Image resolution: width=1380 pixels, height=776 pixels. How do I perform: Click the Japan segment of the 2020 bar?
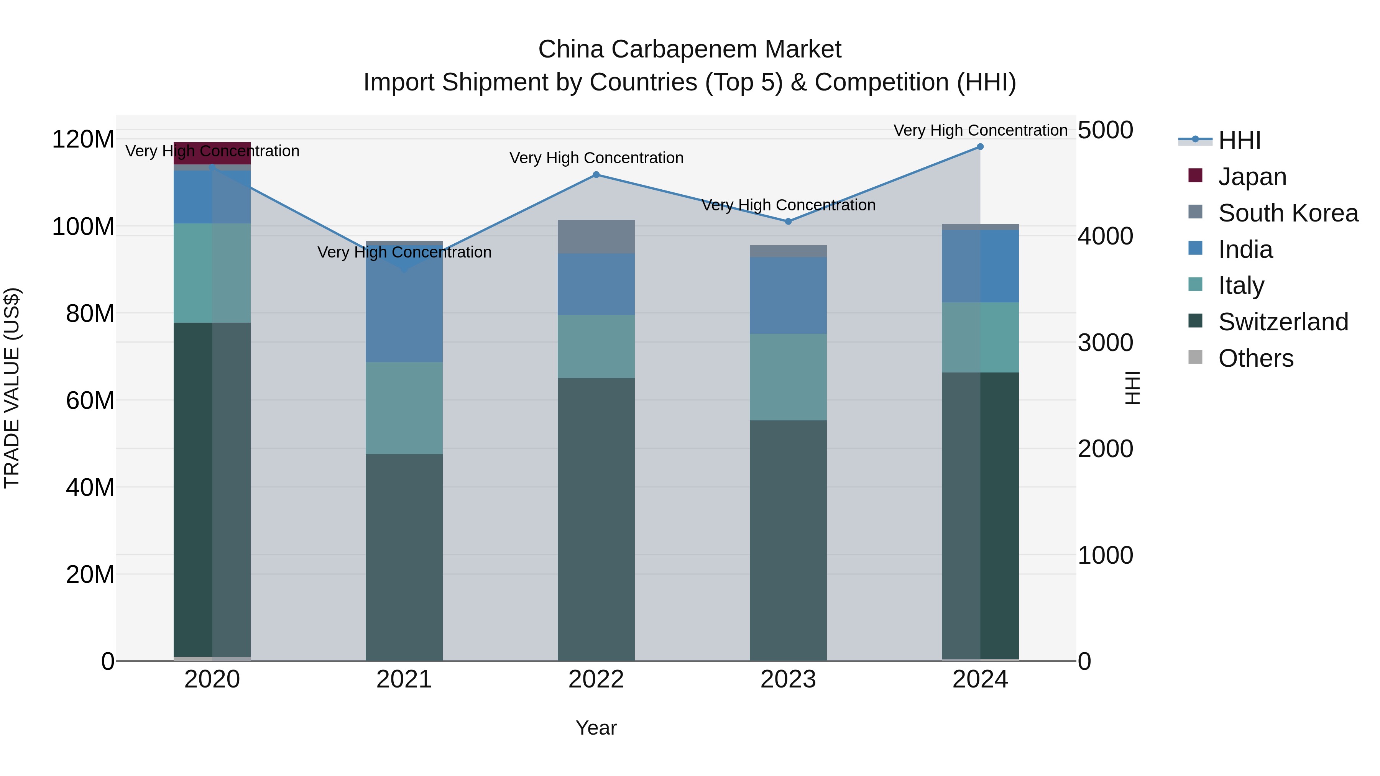[212, 153]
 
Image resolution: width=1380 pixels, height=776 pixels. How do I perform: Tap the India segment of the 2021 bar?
[404, 311]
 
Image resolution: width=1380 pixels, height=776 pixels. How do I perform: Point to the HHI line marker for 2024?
[980, 146]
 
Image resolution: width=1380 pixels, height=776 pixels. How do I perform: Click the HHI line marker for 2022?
[596, 175]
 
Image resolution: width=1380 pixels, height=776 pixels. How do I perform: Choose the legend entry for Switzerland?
[1283, 322]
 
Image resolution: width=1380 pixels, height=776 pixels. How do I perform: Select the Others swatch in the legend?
[1195, 357]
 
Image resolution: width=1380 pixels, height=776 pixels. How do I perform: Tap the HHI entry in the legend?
[1239, 140]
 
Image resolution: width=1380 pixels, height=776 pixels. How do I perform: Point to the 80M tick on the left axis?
[90, 314]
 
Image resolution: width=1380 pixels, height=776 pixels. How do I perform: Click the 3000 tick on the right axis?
[1105, 343]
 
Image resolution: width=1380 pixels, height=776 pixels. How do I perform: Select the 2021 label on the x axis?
[404, 679]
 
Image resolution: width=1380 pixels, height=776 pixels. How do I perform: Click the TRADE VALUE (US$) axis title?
[12, 388]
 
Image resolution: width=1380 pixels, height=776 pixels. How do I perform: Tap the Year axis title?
[596, 728]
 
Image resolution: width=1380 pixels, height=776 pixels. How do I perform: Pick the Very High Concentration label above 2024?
[980, 130]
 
